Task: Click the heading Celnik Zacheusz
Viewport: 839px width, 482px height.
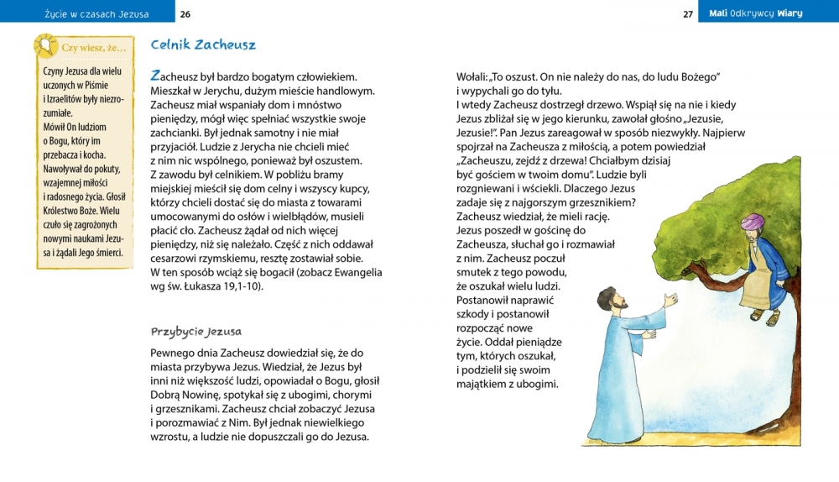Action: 203,45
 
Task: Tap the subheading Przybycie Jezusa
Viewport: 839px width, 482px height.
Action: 195,332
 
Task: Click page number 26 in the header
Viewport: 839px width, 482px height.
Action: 185,13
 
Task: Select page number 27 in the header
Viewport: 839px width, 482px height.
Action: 688,13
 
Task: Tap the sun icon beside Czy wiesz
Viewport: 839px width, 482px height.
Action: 45,46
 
